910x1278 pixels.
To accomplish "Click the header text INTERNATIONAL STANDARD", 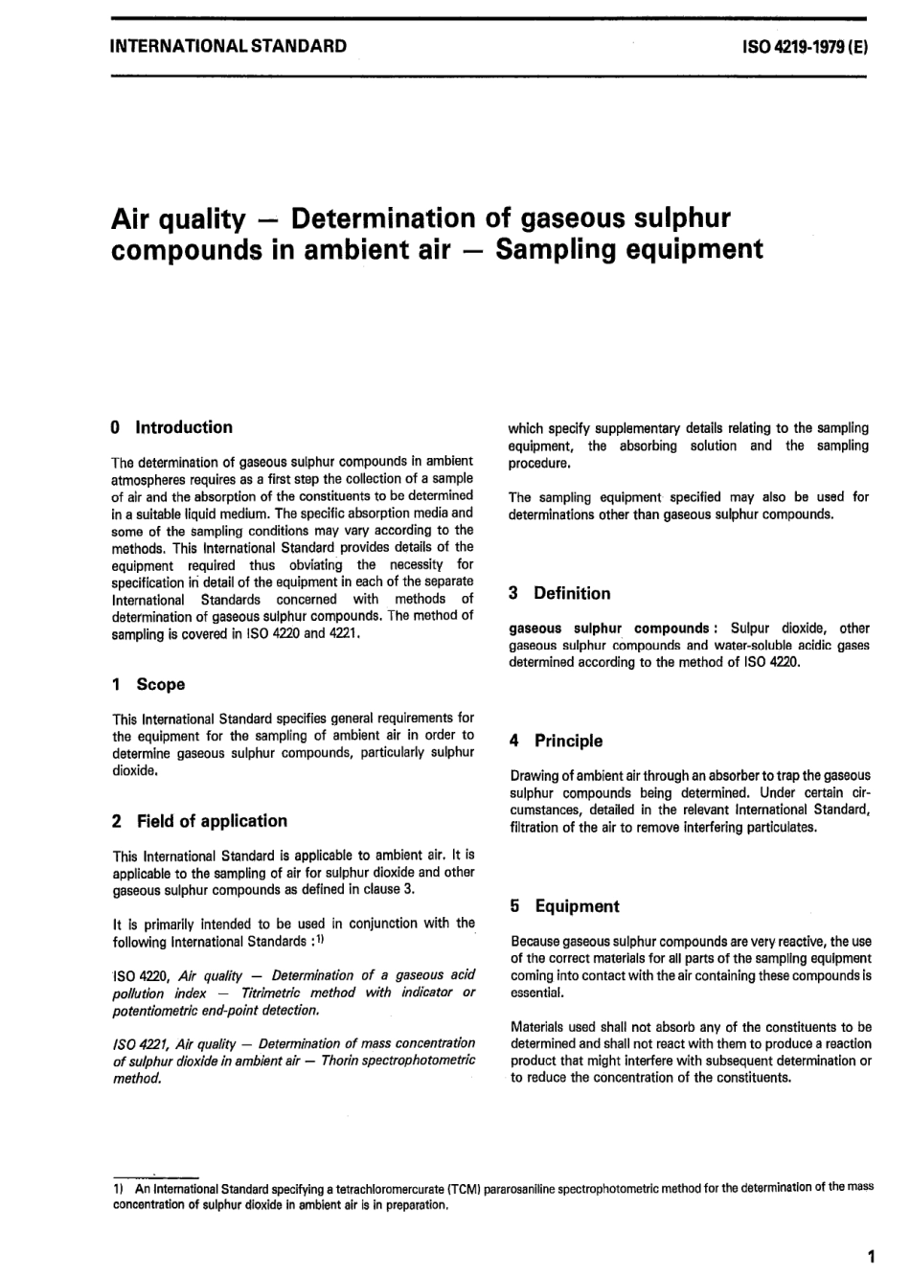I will coord(229,45).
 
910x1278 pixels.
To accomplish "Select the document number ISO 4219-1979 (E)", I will coord(805,45).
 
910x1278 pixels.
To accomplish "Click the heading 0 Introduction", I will coord(172,427).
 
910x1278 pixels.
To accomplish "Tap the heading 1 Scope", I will coord(148,684).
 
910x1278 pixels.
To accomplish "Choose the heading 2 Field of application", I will coord(199,821).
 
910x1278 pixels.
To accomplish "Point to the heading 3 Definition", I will coord(559,593).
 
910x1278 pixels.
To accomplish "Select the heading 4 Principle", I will coord(557,741).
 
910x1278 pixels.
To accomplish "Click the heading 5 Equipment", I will coord(564,906).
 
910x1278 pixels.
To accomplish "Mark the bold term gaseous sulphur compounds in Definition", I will coord(608,628).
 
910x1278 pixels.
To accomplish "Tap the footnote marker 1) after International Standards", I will coord(320,940).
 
